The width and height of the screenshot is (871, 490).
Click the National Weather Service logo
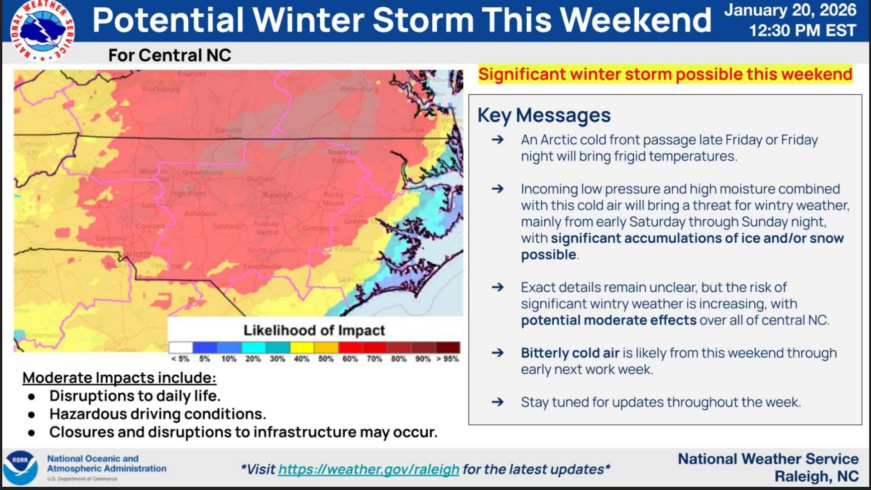42,30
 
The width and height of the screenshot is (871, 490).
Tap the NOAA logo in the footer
20,468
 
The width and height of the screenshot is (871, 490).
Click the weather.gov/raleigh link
368,469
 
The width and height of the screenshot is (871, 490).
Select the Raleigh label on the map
278,195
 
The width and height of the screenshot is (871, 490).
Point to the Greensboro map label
202,172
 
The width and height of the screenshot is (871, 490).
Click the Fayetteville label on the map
262,266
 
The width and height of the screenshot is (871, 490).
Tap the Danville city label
228,130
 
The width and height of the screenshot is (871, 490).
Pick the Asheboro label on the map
200,213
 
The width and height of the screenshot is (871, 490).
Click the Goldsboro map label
320,228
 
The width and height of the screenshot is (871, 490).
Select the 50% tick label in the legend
326,359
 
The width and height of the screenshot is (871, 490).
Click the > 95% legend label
447,359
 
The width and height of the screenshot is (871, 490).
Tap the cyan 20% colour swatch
253,348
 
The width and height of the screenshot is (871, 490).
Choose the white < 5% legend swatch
181,348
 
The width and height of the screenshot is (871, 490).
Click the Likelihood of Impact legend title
314,330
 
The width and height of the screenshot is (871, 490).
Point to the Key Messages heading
544,115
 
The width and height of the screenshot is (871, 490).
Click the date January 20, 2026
790,10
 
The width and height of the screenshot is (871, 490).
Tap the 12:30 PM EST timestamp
802,30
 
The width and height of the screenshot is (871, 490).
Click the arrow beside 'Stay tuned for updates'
498,402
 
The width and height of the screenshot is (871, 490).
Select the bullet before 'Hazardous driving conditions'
31,414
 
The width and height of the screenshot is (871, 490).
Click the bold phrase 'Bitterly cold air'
570,353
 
